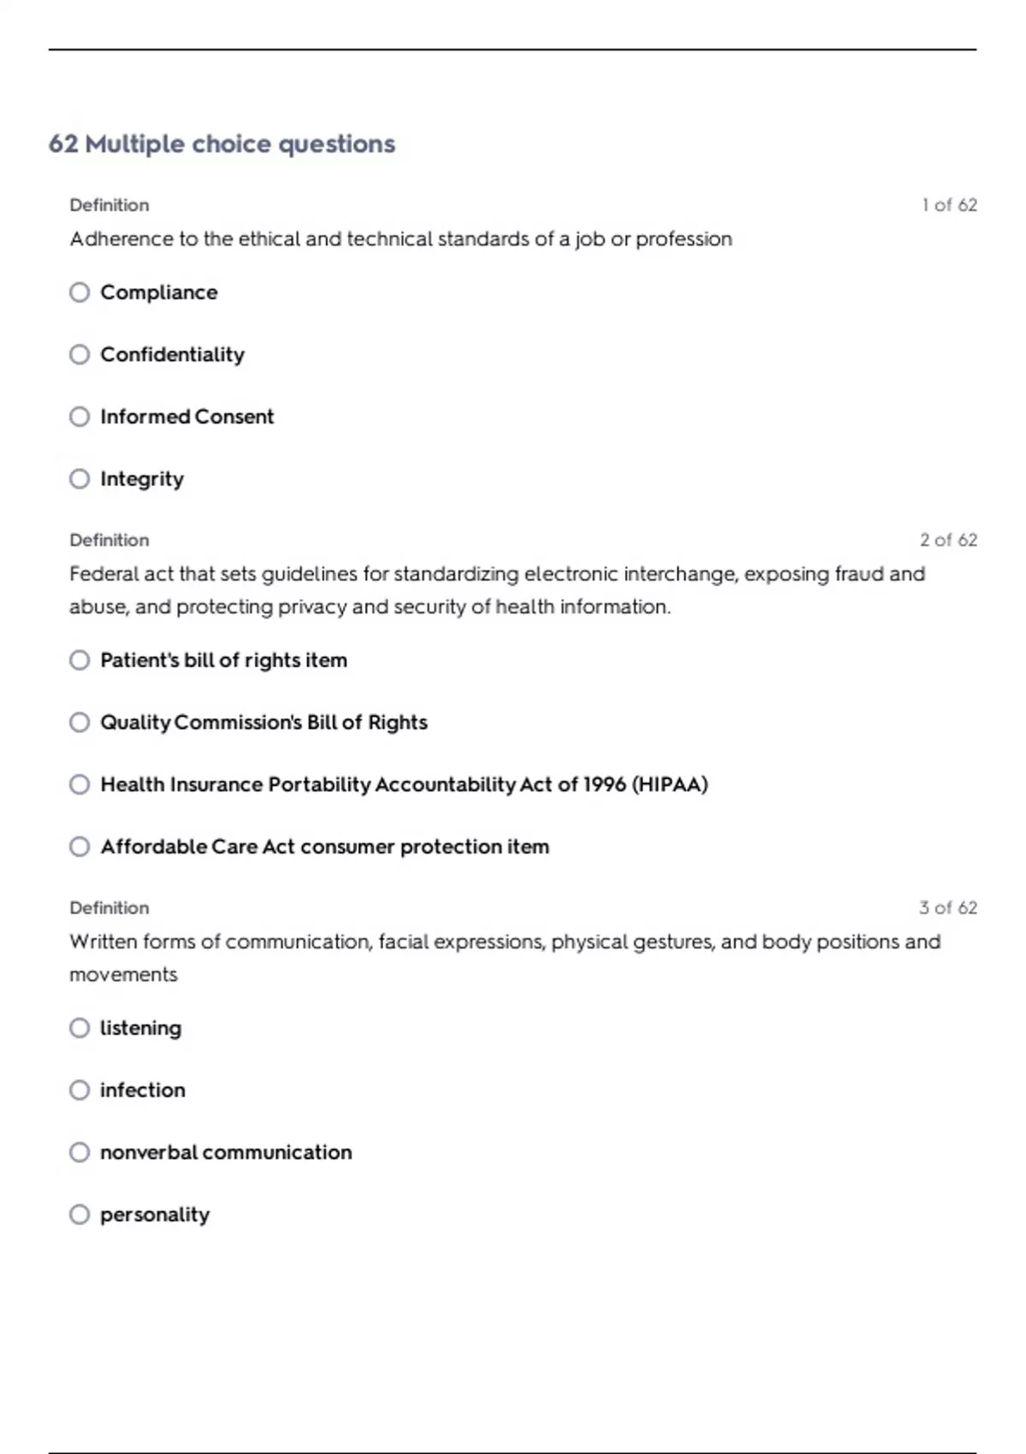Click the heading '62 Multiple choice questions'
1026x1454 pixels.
(x=221, y=144)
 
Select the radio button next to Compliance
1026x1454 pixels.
(x=80, y=293)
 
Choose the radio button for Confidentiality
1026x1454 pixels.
(x=80, y=354)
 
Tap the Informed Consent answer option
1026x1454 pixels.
(x=186, y=417)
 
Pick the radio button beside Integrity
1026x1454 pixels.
(x=80, y=479)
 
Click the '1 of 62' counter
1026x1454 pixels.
(x=949, y=205)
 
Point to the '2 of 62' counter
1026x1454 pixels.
(x=948, y=541)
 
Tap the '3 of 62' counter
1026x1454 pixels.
(x=948, y=908)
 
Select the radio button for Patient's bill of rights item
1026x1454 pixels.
(x=80, y=660)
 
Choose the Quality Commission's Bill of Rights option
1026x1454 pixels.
(x=263, y=723)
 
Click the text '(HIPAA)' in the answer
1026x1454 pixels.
(x=669, y=784)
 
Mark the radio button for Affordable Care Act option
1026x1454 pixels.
(x=80, y=847)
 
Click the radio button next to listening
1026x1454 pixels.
(x=80, y=1028)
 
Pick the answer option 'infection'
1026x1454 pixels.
(x=142, y=1090)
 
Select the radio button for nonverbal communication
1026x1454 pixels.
(x=80, y=1152)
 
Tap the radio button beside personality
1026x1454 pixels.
(x=80, y=1215)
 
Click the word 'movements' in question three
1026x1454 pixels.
(x=123, y=975)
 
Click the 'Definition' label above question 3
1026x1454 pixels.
(x=109, y=908)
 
